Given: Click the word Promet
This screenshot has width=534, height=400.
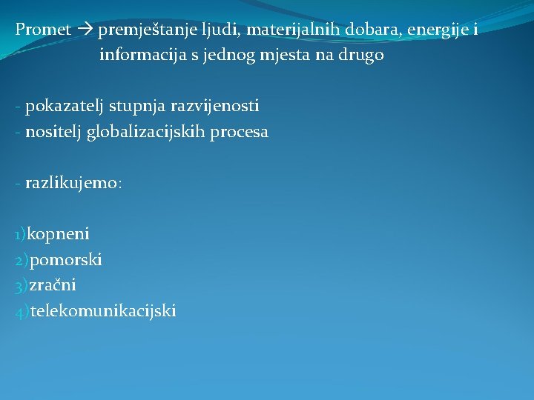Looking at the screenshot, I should pos(44,30).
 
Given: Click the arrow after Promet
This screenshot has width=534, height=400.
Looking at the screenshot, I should pos(85,30).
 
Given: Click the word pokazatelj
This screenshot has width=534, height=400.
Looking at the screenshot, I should pos(65,107).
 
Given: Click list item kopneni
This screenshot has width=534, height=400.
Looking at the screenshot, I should pos(58,235).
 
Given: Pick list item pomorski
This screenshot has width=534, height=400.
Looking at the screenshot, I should pos(66,260).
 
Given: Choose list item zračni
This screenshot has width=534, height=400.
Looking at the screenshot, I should pos(53,285).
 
